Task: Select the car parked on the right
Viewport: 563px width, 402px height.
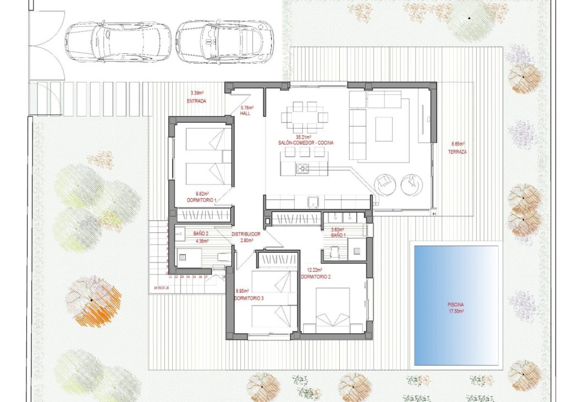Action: pos(225,41)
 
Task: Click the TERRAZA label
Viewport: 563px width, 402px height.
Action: pos(457,152)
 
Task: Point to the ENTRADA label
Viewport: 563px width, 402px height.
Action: pos(196,101)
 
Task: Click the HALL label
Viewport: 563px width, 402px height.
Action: pos(245,114)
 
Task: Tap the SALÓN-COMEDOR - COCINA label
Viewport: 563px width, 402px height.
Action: pos(306,142)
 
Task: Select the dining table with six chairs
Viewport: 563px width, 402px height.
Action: pos(305,117)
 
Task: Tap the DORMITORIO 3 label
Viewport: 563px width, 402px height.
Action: pos(249,298)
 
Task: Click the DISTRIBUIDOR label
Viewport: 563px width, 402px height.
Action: pos(245,234)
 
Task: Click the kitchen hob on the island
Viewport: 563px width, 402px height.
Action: pos(303,168)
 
